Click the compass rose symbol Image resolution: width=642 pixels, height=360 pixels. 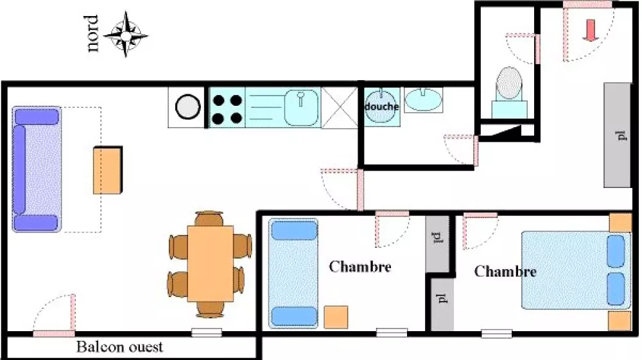[x=126, y=35]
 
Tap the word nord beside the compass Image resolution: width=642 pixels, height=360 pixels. [x=92, y=33]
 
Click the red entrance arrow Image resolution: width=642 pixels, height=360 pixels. [x=590, y=30]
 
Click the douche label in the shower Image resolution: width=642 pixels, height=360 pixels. [x=381, y=107]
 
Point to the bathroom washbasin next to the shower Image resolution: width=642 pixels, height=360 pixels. [x=423, y=99]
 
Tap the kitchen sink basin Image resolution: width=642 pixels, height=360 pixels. [x=301, y=108]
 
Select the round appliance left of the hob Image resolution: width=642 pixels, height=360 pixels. [x=187, y=107]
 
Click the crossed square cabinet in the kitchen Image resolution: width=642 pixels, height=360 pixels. [x=340, y=108]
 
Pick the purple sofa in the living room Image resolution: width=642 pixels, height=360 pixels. [x=37, y=169]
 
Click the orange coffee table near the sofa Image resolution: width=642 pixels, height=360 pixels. [x=108, y=170]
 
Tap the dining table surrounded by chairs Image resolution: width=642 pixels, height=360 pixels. [x=211, y=264]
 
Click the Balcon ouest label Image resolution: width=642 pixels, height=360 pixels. [x=119, y=347]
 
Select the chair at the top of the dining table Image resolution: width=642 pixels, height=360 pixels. [x=209, y=218]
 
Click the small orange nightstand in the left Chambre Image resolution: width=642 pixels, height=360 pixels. [x=336, y=317]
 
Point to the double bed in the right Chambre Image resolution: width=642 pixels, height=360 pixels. [x=576, y=270]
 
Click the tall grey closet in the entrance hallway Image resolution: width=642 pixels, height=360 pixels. [x=618, y=135]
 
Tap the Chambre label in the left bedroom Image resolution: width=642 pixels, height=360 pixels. [x=360, y=267]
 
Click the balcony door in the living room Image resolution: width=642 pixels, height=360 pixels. [x=55, y=334]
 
